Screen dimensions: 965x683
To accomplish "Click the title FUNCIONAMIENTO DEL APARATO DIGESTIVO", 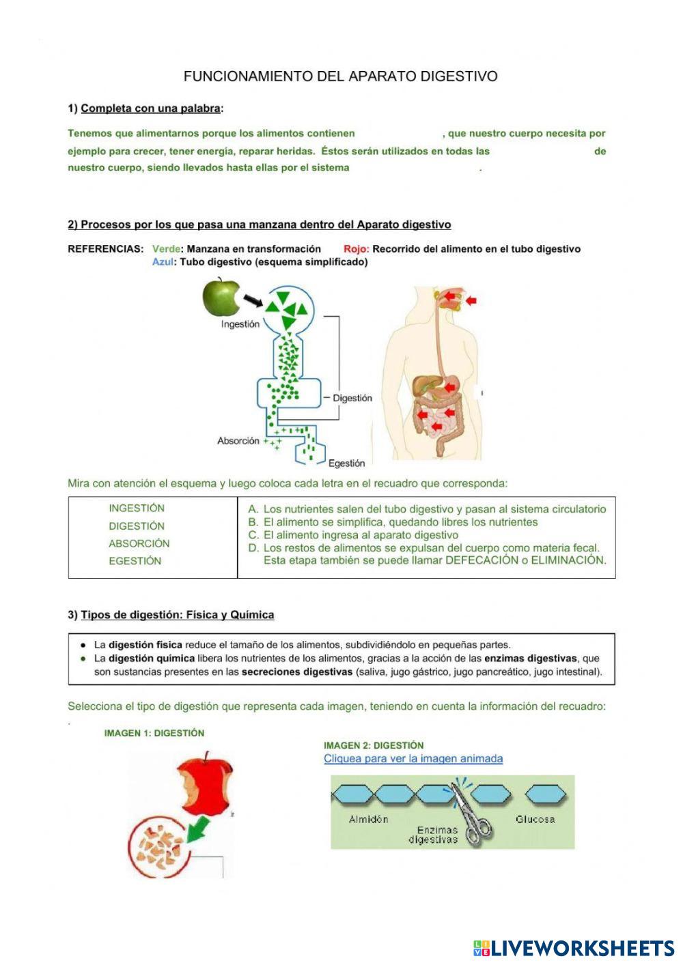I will [x=340, y=76].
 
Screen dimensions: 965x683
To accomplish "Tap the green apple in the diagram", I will [x=221, y=297].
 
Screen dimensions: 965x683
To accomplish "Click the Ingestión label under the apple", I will [x=240, y=324].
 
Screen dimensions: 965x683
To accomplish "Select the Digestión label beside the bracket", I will [x=352, y=398].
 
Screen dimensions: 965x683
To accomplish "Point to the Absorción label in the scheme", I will [x=238, y=441].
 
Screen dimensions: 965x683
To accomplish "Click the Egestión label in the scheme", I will [x=346, y=463].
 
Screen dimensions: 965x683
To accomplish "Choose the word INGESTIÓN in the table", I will [x=137, y=508].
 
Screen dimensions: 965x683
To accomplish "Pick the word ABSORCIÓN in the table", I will [x=139, y=544].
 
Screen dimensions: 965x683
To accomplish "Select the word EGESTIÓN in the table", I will [x=135, y=561].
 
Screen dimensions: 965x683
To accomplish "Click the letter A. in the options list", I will [x=253, y=509].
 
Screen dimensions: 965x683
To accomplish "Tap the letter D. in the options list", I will [x=253, y=548].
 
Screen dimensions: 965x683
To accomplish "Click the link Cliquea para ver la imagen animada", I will [x=413, y=759].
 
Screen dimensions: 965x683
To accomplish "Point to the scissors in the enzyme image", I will [x=472, y=816].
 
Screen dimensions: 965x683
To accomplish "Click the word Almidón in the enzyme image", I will [x=368, y=820].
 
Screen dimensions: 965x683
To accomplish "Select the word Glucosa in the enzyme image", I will [x=535, y=820].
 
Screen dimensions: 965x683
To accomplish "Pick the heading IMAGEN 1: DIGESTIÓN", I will [x=154, y=733].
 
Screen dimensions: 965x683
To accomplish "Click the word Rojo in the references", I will [x=356, y=249].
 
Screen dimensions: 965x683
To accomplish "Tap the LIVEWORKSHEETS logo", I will [x=574, y=948].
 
